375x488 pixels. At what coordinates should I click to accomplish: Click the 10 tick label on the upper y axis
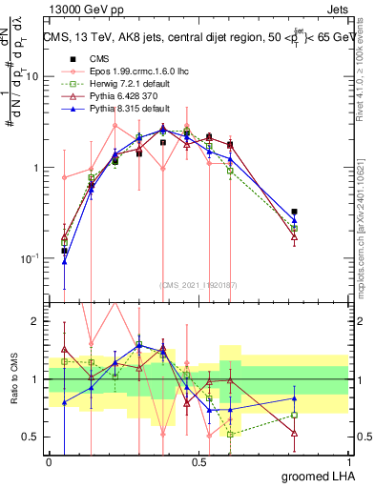pyautogui.click(x=33, y=77)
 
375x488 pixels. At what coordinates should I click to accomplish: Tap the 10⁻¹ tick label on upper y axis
pyautogui.click(x=31, y=258)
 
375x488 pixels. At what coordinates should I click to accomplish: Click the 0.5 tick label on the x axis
pyautogui.click(x=198, y=461)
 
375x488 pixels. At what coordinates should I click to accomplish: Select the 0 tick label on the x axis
pyautogui.click(x=49, y=461)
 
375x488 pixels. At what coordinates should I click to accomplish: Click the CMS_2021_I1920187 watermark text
pyautogui.click(x=198, y=283)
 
